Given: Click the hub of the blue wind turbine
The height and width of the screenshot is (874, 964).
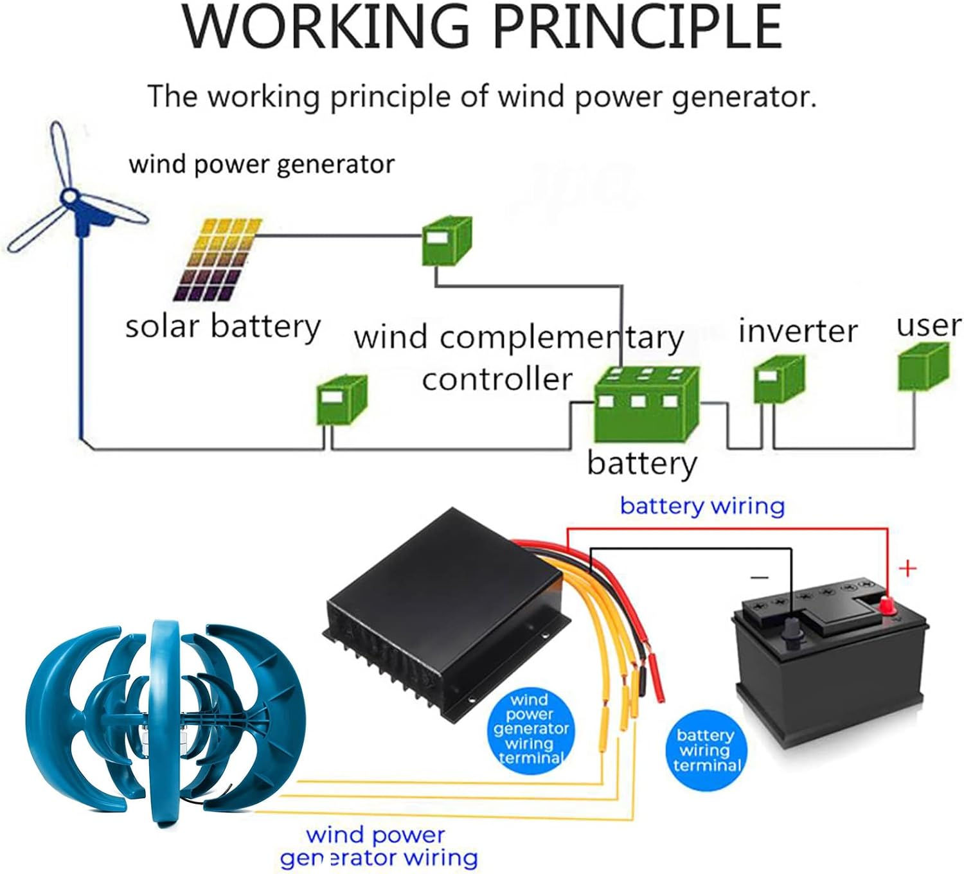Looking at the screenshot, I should (69, 198).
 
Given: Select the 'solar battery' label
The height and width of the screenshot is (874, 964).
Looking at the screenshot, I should (222, 326).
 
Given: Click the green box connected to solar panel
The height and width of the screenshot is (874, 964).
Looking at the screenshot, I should (446, 242).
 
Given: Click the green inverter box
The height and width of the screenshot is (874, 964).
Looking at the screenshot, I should (778, 380).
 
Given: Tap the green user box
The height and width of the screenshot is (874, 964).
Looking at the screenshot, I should (922, 366).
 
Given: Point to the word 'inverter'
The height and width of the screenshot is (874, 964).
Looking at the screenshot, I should (798, 332).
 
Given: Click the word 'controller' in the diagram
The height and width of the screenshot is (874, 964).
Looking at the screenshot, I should (497, 379).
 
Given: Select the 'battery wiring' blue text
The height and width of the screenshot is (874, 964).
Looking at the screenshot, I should (702, 506).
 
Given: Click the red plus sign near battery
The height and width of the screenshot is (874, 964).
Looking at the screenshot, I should (907, 568).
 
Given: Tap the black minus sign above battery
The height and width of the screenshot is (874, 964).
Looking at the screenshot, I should (759, 577).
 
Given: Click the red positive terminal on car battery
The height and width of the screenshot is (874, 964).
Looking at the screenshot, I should (887, 605).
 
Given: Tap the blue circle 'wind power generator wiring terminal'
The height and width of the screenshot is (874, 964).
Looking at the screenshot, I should (530, 729).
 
